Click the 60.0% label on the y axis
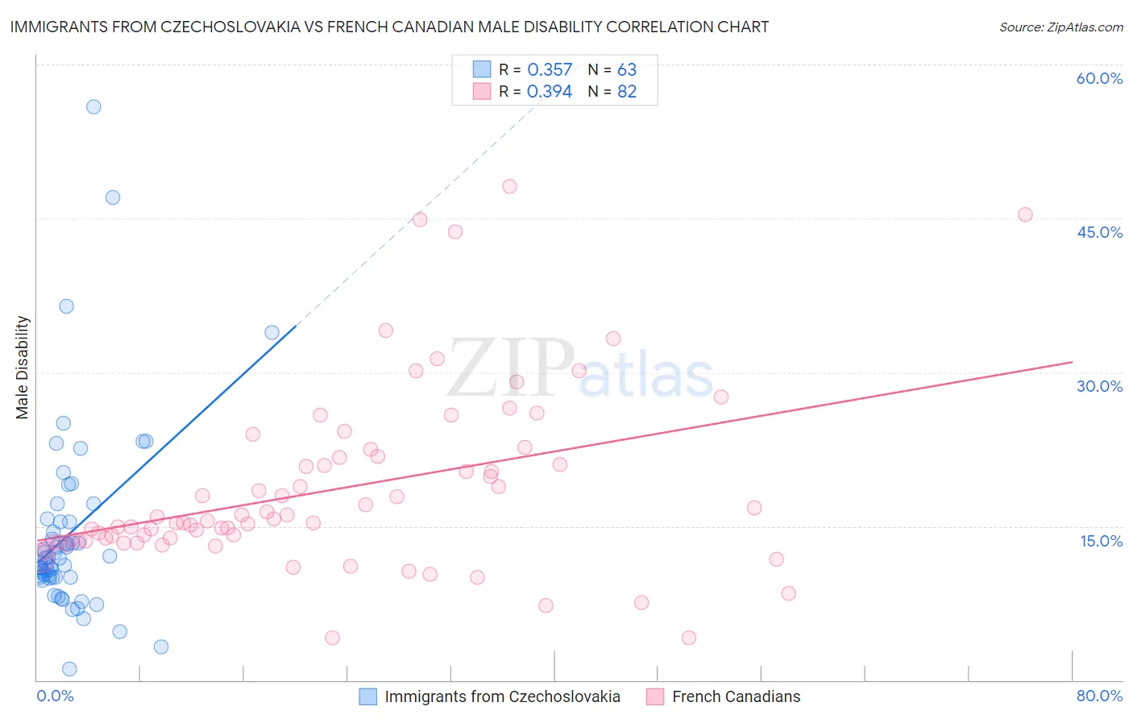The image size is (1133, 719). tap(1099, 78)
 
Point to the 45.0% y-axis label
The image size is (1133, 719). tap(1099, 232)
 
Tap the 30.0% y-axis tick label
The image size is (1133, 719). tap(1099, 386)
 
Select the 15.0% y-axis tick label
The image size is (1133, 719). tap(1101, 541)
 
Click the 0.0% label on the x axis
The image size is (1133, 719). tap(55, 696)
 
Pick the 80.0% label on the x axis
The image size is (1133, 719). tap(1099, 696)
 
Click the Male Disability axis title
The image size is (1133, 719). tap(23, 367)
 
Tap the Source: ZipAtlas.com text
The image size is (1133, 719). tap(1060, 27)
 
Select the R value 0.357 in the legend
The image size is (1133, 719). tap(550, 70)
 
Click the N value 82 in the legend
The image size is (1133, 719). tap(627, 92)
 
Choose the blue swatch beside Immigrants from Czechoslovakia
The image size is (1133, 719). tap(367, 696)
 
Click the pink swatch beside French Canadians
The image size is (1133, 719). tap(655, 696)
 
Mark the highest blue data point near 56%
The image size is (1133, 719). tap(93, 106)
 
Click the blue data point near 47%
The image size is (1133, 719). tap(113, 197)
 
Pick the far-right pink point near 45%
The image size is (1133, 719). tap(1025, 214)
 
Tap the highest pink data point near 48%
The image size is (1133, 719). tap(509, 186)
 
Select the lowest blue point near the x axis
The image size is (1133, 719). tap(69, 669)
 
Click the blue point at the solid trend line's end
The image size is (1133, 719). tap(272, 332)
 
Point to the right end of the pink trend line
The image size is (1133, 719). tap(1072, 362)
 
